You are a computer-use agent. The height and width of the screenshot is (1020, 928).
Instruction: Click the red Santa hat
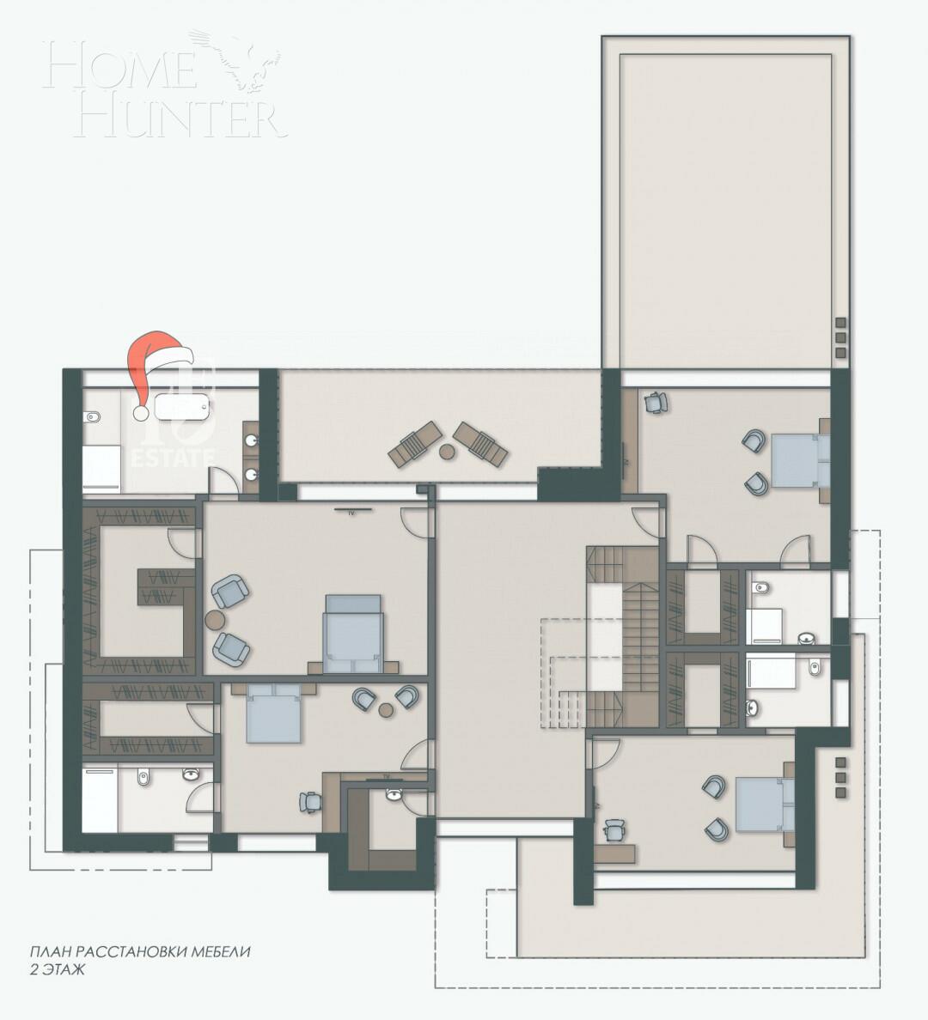click(155, 365)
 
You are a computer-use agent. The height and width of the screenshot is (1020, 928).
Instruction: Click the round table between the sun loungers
click(446, 451)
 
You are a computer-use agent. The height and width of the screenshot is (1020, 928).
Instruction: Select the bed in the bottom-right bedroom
click(764, 804)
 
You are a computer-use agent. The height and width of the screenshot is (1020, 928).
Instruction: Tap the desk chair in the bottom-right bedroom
click(614, 829)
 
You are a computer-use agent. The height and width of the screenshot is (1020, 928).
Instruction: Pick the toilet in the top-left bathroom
click(95, 419)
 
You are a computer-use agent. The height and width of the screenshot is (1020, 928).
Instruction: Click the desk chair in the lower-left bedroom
click(309, 801)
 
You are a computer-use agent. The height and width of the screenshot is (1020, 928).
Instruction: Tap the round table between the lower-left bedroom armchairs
click(386, 710)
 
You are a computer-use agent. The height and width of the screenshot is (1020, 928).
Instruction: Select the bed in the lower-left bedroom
click(273, 714)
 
